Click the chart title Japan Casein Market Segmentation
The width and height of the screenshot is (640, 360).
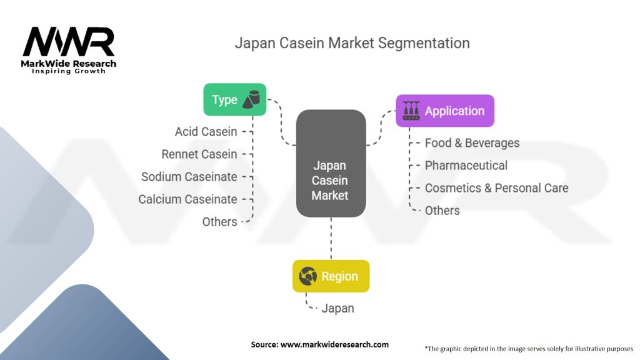(352, 43)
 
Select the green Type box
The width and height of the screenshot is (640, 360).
(234, 99)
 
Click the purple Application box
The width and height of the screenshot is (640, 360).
(444, 111)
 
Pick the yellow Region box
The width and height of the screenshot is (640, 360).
(331, 276)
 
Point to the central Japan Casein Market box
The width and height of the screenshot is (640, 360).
(331, 164)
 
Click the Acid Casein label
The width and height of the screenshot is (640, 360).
(206, 132)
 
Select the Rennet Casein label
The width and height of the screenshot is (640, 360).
(199, 154)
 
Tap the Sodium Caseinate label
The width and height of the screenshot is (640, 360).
(189, 177)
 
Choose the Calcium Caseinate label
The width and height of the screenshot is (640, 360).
(187, 199)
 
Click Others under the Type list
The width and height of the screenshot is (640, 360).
(219, 222)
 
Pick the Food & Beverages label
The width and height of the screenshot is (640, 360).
(472, 143)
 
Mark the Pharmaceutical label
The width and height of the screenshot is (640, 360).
(466, 166)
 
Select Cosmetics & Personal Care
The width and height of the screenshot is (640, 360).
(496, 188)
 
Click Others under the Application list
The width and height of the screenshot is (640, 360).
(442, 211)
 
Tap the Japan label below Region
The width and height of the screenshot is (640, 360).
(337, 308)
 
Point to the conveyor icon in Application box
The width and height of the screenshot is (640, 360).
(411, 111)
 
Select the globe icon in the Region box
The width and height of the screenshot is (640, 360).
(309, 276)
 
